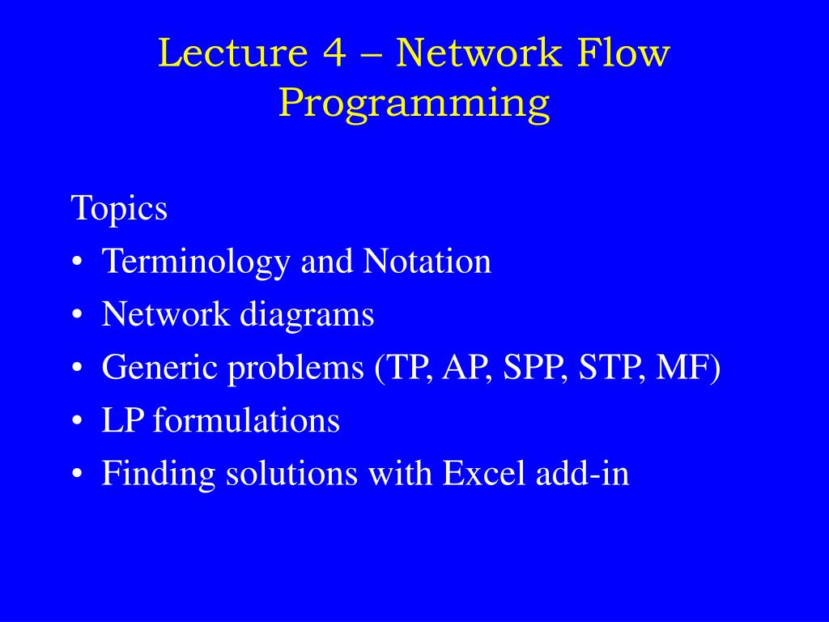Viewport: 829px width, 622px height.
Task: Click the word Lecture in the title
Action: point(232,53)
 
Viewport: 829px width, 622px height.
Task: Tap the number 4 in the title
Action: point(334,53)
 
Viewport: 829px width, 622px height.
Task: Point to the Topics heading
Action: point(119,208)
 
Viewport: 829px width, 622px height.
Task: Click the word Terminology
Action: point(196,262)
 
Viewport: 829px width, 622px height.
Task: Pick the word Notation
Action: point(427,262)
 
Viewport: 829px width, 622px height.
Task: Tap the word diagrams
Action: point(307,315)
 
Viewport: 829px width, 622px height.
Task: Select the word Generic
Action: point(159,367)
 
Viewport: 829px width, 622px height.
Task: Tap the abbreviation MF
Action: point(682,367)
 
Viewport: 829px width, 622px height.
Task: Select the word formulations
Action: point(246,420)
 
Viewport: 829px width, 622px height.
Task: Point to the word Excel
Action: point(484,473)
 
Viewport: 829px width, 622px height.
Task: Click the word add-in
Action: point(582,473)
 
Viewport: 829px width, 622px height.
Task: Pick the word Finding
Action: point(159,474)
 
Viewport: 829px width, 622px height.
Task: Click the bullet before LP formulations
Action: point(77,421)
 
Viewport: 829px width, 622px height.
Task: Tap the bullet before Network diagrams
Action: point(77,315)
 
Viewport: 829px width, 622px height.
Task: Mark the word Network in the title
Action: point(478,53)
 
